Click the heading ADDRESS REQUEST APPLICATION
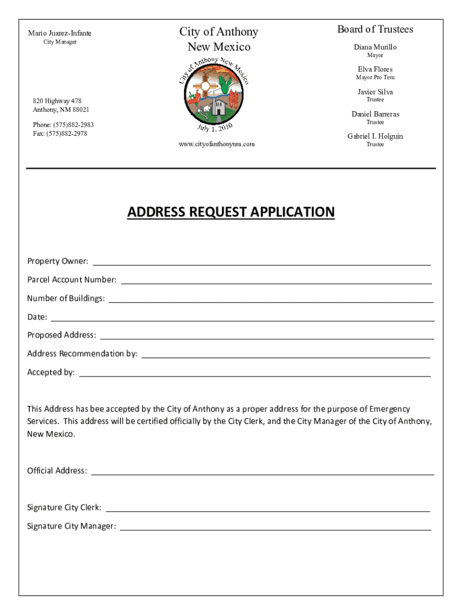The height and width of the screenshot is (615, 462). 231,212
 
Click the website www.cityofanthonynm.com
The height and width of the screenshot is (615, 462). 217,144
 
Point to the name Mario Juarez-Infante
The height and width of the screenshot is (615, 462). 60,33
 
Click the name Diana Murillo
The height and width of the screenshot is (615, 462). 375,47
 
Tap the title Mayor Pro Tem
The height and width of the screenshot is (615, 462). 375,77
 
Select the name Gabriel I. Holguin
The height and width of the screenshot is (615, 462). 375,136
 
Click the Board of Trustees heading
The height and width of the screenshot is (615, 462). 375,29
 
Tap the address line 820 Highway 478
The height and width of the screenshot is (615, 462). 58,101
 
